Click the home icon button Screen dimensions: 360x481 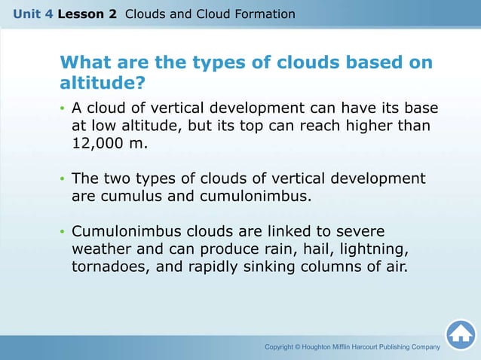(x=461, y=335)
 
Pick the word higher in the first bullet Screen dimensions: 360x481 (x=363, y=125)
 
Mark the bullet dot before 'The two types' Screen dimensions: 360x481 (x=63, y=180)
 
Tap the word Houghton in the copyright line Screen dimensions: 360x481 (x=329, y=347)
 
